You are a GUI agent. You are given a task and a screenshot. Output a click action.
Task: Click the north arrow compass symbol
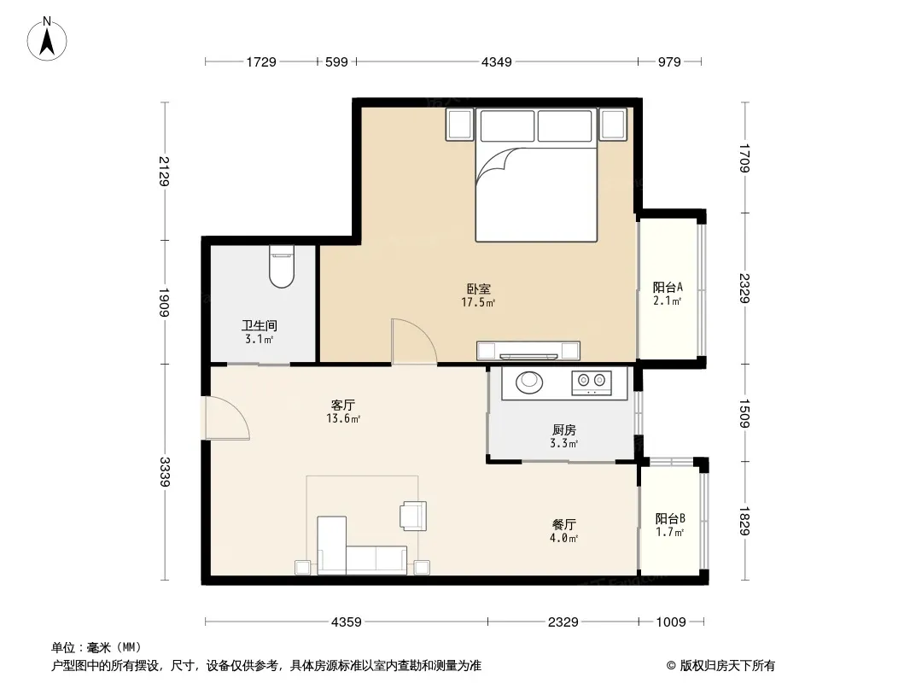click(x=47, y=39)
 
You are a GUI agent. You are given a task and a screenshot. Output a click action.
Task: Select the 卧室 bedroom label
click(x=479, y=289)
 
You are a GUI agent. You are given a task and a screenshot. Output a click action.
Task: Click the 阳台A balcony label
click(x=668, y=287)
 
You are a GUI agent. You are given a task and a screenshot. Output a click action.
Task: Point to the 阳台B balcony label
click(x=670, y=518)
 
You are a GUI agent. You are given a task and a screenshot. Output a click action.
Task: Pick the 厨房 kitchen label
click(x=564, y=430)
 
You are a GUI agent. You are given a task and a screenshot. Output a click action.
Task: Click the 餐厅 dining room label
click(x=564, y=524)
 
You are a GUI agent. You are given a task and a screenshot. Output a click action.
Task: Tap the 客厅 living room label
click(x=342, y=405)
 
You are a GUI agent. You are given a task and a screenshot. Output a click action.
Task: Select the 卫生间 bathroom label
click(x=260, y=325)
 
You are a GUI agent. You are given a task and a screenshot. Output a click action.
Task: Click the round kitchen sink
click(x=528, y=382)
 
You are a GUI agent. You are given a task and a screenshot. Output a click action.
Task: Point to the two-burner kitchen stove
click(x=592, y=382)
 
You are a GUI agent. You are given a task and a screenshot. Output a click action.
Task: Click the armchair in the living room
click(x=413, y=516)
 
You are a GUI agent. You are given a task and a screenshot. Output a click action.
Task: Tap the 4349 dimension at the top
click(x=497, y=61)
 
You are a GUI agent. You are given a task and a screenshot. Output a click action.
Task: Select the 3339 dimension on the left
click(x=165, y=472)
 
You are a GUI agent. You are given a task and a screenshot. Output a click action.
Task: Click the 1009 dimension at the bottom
click(x=671, y=622)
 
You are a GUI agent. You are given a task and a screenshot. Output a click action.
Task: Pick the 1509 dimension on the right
click(x=744, y=413)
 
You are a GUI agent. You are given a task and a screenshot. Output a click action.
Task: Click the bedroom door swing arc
click(x=423, y=335)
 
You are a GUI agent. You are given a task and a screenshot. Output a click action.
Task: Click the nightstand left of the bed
click(x=459, y=125)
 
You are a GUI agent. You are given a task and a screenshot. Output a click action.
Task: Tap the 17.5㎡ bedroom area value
click(x=478, y=302)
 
